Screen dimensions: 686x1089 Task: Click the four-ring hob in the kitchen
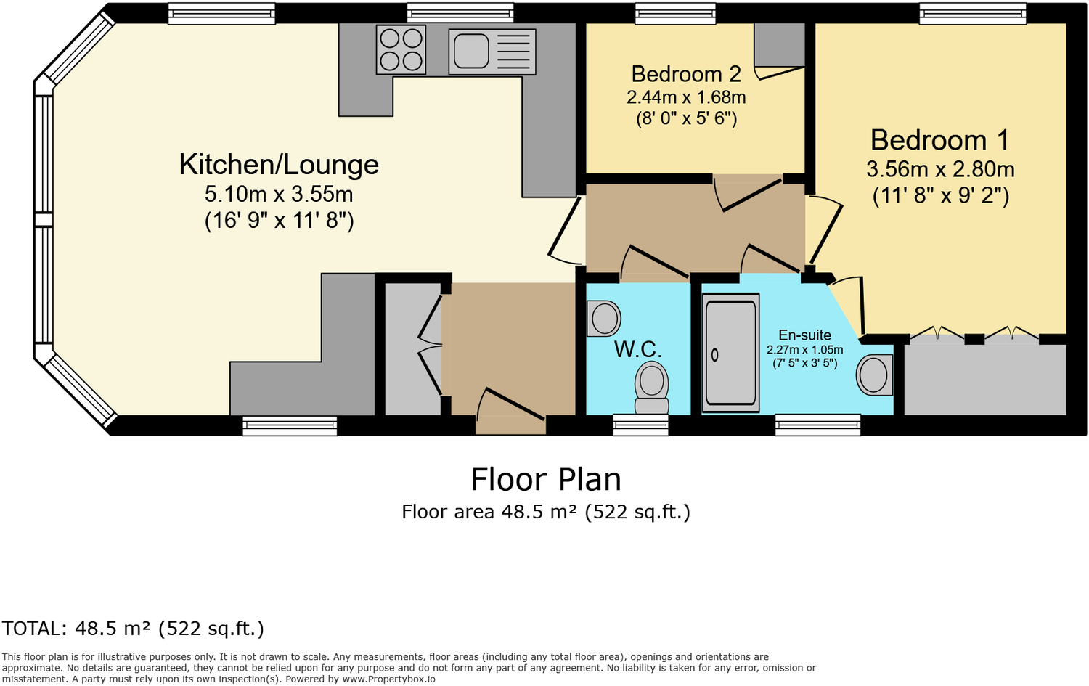click(401, 50)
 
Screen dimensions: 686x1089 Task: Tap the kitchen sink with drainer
click(492, 52)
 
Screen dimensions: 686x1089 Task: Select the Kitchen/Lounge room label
click(279, 165)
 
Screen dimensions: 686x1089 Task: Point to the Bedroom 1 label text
click(939, 140)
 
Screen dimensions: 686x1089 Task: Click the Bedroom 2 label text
click(686, 74)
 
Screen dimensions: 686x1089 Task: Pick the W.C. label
click(637, 349)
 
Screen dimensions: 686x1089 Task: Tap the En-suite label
click(804, 335)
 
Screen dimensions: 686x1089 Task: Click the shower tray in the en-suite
click(730, 353)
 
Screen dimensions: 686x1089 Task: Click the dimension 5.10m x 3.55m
click(279, 195)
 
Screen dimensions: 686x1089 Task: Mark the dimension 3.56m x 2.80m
click(940, 169)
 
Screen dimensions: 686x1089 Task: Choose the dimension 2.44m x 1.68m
click(686, 97)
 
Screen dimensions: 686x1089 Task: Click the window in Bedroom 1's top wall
click(972, 13)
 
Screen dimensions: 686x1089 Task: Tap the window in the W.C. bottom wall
click(640, 425)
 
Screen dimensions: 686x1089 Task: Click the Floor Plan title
click(546, 480)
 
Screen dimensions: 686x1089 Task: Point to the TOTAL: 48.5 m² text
click(133, 629)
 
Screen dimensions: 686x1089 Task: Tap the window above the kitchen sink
click(460, 13)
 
